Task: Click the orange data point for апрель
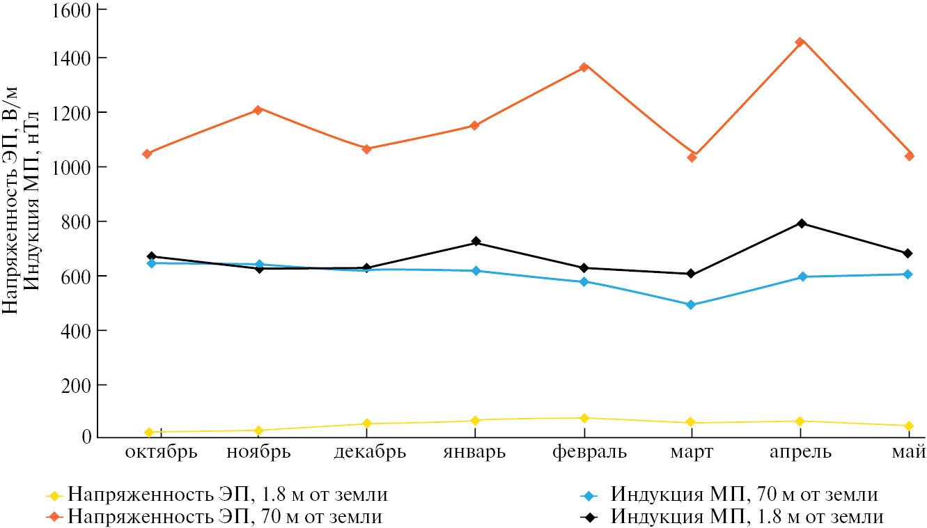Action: click(800, 42)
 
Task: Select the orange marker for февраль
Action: click(584, 67)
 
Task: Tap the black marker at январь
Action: click(476, 242)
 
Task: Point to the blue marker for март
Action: click(692, 304)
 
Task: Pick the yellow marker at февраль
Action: click(584, 418)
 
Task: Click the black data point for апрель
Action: click(802, 224)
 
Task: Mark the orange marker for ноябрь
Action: click(258, 109)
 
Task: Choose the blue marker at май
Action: click(908, 274)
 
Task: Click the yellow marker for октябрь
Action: click(150, 433)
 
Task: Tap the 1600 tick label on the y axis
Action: click(72, 10)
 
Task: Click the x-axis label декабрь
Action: click(370, 453)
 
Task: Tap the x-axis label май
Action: click(908, 453)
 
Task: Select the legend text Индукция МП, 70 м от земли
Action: click(745, 495)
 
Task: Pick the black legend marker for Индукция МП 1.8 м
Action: click(589, 518)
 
